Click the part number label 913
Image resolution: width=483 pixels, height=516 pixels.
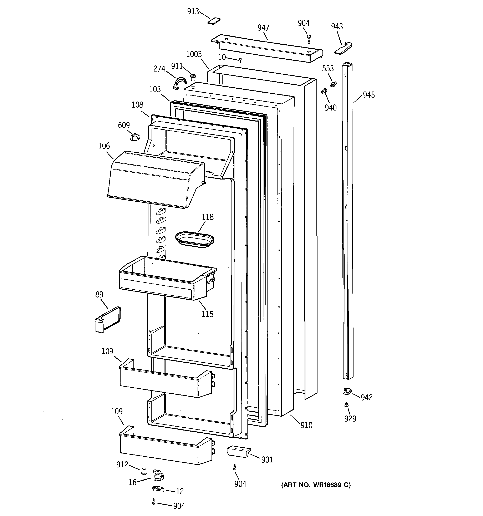[193, 12]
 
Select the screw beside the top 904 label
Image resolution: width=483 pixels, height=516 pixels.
[309, 39]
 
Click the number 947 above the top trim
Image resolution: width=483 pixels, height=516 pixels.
[263, 28]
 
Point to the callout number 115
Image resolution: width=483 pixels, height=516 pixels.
[208, 314]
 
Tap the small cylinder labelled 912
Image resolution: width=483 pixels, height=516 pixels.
[144, 470]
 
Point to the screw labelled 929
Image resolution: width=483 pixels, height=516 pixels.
[347, 404]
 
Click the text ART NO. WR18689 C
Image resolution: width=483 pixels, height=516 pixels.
[316, 485]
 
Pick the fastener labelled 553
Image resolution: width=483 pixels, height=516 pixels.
[333, 84]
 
